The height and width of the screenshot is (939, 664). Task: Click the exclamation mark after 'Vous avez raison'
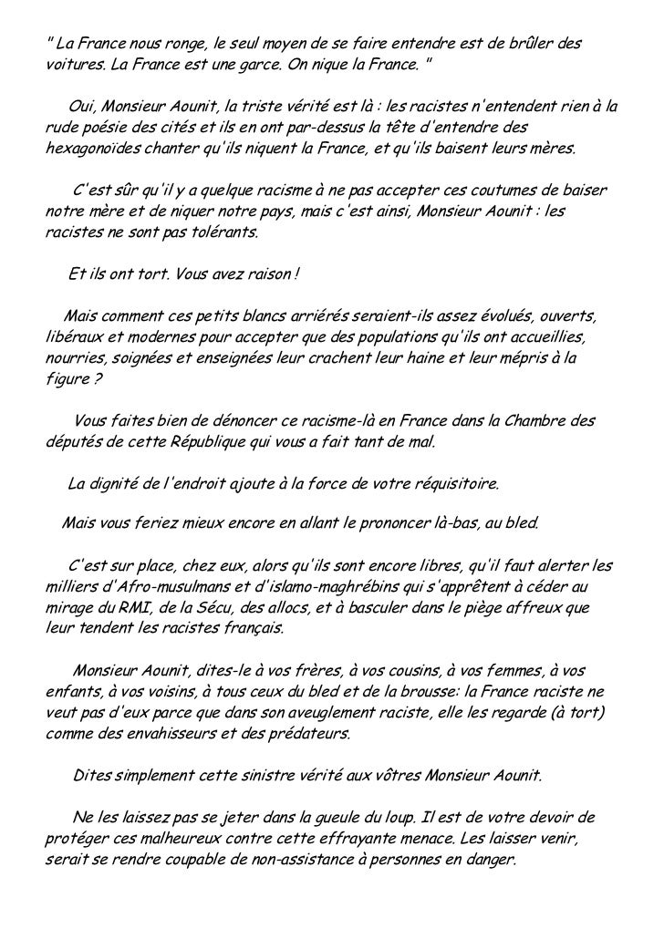297,274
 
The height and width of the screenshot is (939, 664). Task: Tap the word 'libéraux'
71,337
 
